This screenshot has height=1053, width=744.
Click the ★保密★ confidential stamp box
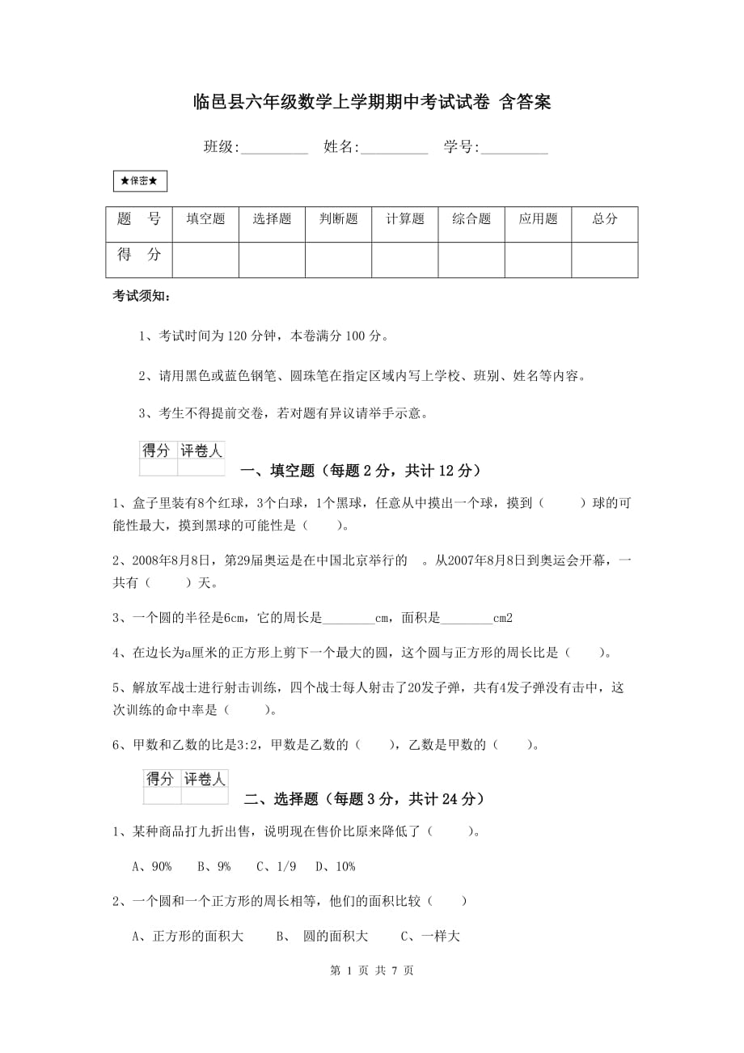click(140, 182)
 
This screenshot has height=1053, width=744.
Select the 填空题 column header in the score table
click(205, 219)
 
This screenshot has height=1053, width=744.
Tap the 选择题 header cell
click(272, 219)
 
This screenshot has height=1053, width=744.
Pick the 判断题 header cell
click(338, 219)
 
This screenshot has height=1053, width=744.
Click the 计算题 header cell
click(404, 219)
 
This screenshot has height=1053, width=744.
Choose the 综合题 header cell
click(471, 219)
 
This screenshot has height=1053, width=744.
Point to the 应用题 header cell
click(538, 219)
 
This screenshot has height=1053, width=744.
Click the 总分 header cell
click(604, 219)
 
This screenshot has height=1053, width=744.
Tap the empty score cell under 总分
click(604, 259)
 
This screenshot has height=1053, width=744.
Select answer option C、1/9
click(277, 866)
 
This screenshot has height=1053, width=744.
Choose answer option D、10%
click(336, 866)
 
